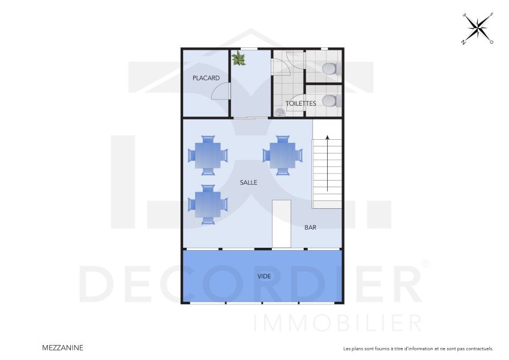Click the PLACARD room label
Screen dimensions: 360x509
(206, 78)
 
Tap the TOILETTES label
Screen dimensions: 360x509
(301, 103)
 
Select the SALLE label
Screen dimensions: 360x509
(248, 182)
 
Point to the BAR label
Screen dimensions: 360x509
(310, 227)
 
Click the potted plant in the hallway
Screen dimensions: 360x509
(239, 58)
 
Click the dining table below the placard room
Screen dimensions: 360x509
(208, 155)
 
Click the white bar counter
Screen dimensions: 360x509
(282, 224)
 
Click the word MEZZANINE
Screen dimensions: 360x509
(63, 347)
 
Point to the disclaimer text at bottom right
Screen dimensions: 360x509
(418, 348)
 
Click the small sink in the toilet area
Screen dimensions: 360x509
(280, 112)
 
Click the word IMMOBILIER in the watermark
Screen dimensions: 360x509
(338, 322)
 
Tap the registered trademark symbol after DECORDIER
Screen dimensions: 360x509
(426, 263)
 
